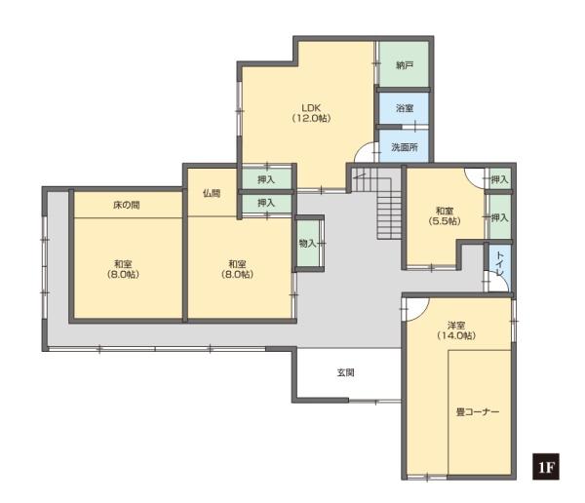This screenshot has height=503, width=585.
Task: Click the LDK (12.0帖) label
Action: click(x=311, y=113)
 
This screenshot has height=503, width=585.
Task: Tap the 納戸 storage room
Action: click(x=404, y=64)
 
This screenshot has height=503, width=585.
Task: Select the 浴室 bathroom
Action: click(x=404, y=108)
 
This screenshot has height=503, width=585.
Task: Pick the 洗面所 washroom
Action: click(x=404, y=146)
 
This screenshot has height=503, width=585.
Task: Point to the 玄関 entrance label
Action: click(x=345, y=372)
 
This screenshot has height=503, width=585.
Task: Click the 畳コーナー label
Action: click(x=478, y=412)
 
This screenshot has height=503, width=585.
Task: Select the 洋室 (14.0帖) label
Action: click(x=456, y=330)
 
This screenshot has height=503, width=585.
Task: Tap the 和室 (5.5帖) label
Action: click(x=445, y=216)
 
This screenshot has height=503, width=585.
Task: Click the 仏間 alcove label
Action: click(x=212, y=193)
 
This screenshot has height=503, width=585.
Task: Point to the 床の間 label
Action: click(x=127, y=205)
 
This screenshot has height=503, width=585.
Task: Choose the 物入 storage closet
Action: click(x=308, y=244)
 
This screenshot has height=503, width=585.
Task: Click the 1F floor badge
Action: click(x=545, y=466)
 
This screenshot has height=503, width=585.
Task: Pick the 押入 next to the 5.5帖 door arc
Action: click(x=499, y=179)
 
